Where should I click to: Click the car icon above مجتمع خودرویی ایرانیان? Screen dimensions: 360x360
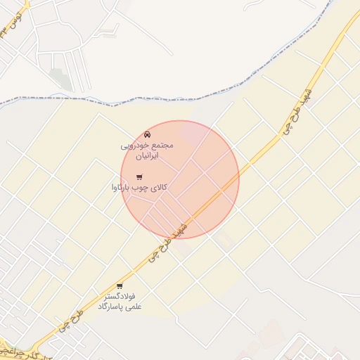tap(146, 134)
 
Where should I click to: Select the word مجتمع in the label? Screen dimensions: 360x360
tap(161, 145)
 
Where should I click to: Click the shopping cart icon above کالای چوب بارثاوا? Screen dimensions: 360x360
tap(139, 176)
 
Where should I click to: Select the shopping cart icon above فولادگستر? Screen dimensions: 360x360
tap(120, 286)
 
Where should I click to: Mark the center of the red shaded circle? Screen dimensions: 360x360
tap(180, 179)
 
